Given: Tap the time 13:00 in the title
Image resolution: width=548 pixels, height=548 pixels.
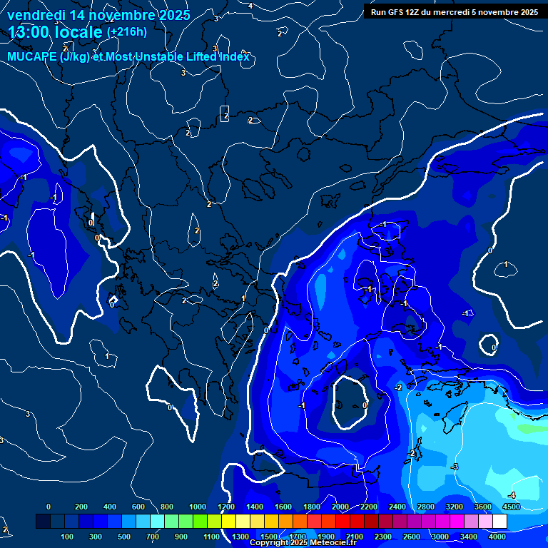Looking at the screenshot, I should pyautogui.click(x=30, y=32).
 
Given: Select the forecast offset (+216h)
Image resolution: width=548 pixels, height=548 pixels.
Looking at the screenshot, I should pyautogui.click(x=126, y=32).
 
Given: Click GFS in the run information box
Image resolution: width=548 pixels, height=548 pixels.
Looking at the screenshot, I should pyautogui.click(x=397, y=11).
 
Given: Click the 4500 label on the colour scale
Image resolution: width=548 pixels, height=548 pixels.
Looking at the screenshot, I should pyautogui.click(x=511, y=507).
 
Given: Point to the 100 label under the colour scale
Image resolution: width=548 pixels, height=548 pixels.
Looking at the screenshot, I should pyautogui.click(x=68, y=536).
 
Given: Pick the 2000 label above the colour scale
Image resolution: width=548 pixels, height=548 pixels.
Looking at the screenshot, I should pyautogui.click(x=340, y=507).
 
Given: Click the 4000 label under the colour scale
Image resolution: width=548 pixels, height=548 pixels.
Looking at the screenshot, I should pyautogui.click(x=497, y=536).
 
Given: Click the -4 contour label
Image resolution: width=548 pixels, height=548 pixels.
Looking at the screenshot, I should pyautogui.click(x=511, y=495).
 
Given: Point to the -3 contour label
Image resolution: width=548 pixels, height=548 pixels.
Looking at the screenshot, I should pyautogui.click(x=455, y=467).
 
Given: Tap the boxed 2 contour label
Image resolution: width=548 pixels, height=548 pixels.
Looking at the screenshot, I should pyautogui.click(x=225, y=114).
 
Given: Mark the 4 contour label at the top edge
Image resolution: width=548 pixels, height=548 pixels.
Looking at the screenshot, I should pyautogui.click(x=250, y=6).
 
